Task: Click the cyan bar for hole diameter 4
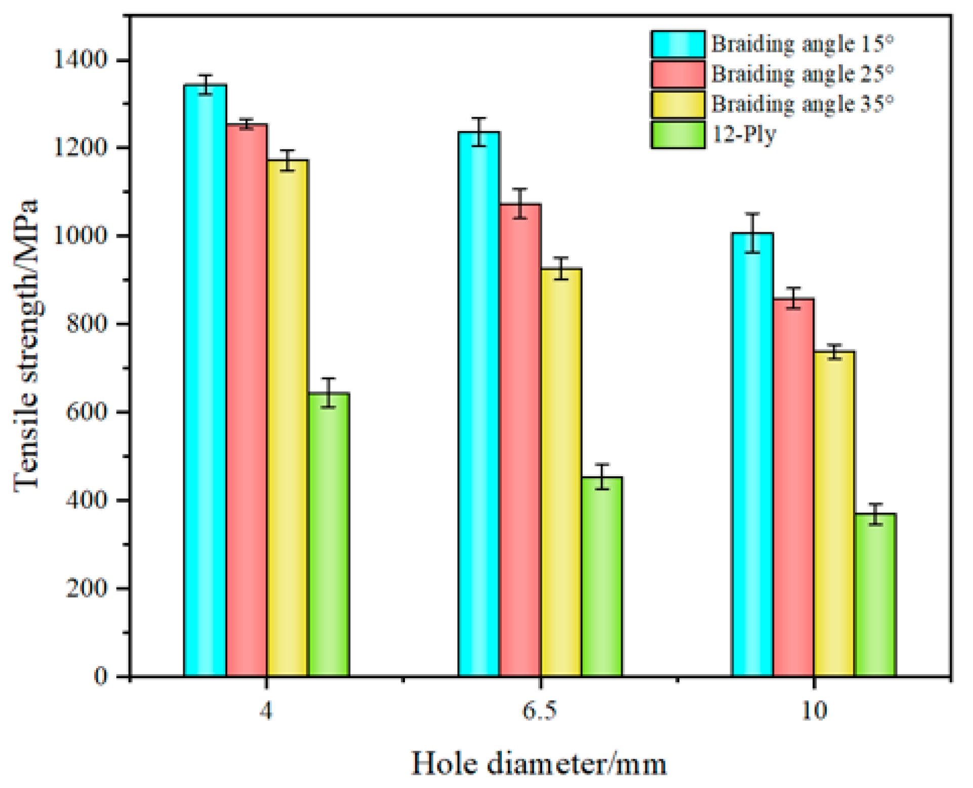pos(205,380)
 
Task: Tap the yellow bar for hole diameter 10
pos(834,513)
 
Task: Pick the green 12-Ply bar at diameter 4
pos(329,534)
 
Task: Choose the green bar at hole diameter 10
pos(875,595)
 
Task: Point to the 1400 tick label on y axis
pos(80,60)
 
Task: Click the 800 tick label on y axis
pos(87,324)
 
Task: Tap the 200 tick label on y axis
pos(87,588)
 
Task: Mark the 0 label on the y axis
pos(100,676)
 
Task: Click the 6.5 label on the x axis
pos(540,711)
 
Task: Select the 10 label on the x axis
pos(814,711)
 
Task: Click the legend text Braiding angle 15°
pos(802,44)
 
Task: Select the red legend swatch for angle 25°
pos(678,74)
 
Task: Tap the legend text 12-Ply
pos(744,135)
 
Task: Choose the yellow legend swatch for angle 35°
pos(678,104)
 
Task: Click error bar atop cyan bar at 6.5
pos(479,132)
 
